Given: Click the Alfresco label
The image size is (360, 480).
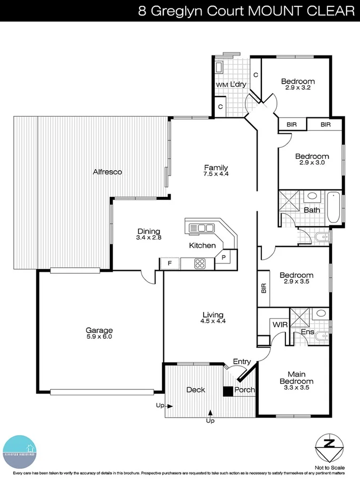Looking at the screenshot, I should pyautogui.click(x=108, y=172).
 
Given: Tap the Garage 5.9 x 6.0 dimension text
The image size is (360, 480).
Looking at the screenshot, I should pyautogui.click(x=100, y=337).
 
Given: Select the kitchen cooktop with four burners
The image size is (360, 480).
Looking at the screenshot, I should pyautogui.click(x=201, y=263).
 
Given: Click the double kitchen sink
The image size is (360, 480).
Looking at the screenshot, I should pyautogui.click(x=202, y=228).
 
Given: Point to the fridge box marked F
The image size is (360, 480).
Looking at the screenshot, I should pyautogui.click(x=170, y=263).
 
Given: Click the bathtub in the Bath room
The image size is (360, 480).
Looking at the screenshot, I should pyautogui.click(x=334, y=207).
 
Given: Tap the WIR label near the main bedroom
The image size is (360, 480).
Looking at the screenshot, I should pyautogui.click(x=280, y=324).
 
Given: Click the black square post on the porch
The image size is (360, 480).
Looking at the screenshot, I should pyautogui.click(x=228, y=391).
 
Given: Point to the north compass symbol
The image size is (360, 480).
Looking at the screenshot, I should pyautogui.click(x=330, y=444).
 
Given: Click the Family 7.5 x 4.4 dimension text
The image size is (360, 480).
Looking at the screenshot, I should pyautogui.click(x=215, y=173).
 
